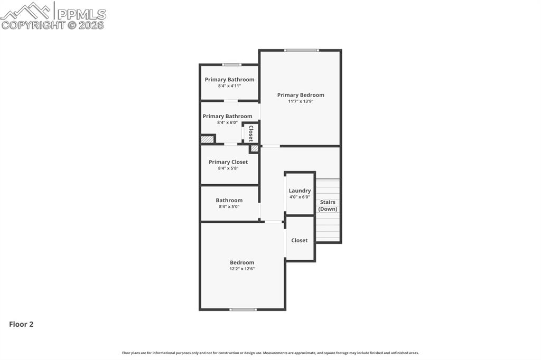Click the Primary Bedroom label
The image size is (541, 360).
pos(301,95)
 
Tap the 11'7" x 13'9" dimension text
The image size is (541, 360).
pos(301,101)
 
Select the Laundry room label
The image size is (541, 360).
pos(300,191)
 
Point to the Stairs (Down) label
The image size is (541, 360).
pos(328,205)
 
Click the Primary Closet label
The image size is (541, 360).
pos(228,162)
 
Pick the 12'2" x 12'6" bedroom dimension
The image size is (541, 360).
pos(242,269)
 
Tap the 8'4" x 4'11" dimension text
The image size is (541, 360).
pos(229,86)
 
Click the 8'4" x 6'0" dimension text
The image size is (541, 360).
pos(227,122)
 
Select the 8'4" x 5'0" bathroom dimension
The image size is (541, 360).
pos(229,206)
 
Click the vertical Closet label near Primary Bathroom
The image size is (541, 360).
pos(251,134)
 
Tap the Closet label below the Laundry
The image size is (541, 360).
pos(299,240)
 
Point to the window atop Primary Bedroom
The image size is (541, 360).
pos(302,50)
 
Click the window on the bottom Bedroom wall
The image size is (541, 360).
pos(243,309)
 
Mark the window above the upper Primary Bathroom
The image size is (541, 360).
pos(231,65)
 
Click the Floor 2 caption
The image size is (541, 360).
pos(21,324)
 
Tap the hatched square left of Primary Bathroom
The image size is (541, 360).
pos(207,139)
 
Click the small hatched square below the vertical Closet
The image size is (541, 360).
pos(254,149)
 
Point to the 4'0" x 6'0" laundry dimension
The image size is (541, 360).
pos(300,197)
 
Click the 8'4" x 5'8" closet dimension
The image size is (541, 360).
pos(228,168)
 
